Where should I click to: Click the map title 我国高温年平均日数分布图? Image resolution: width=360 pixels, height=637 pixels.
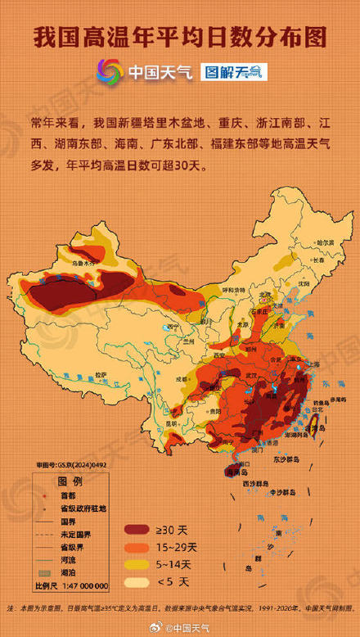[x=180, y=37]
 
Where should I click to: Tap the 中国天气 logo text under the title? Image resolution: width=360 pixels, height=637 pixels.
[x=160, y=73]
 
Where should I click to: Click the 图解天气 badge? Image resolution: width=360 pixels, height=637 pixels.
[x=236, y=72]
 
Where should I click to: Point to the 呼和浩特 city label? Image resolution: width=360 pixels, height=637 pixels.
[x=234, y=289]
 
